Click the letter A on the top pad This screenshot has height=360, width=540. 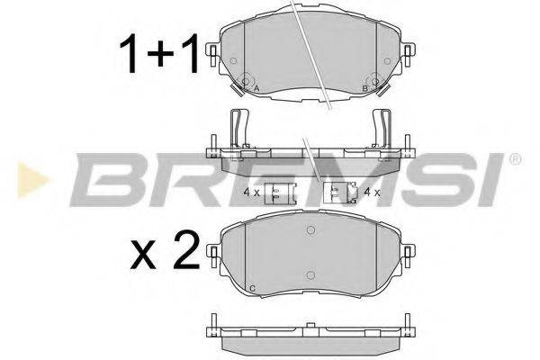256,89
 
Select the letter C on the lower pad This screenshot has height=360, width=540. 252,287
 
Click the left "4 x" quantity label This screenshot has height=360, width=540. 250,193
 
